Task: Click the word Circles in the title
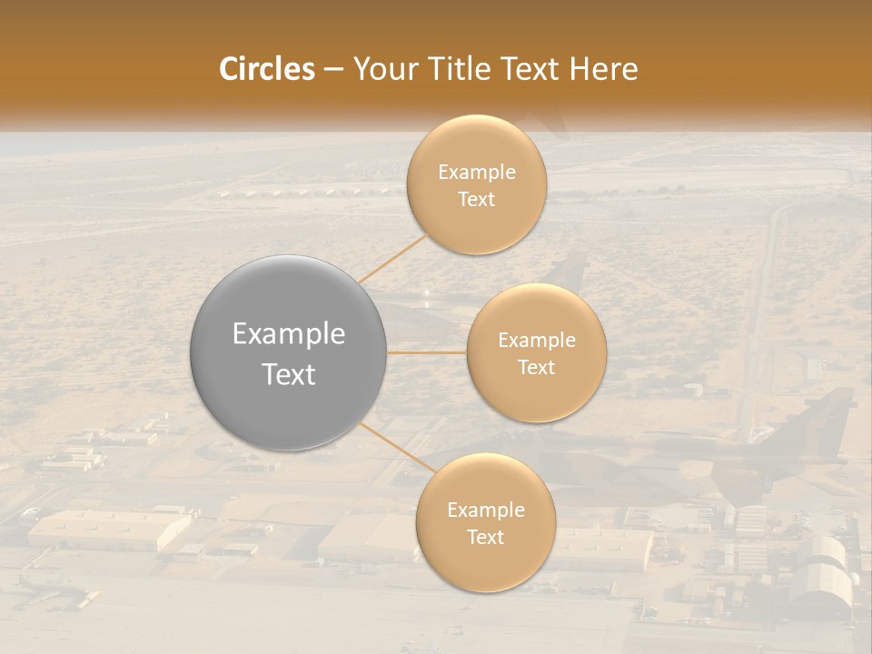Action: pyautogui.click(x=266, y=69)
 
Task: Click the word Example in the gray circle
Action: pyautogui.click(x=289, y=334)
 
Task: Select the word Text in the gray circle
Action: pyautogui.click(x=289, y=374)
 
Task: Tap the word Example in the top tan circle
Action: pyautogui.click(x=477, y=173)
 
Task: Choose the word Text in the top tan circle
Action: pyautogui.click(x=477, y=200)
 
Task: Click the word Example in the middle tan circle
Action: pyautogui.click(x=537, y=341)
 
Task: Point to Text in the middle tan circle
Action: pyautogui.click(x=537, y=368)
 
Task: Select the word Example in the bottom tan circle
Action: pyautogui.click(x=486, y=510)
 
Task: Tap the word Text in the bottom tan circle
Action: pyautogui.click(x=486, y=537)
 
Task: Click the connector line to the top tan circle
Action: pyautogui.click(x=392, y=258)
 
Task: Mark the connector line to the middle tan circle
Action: pyautogui.click(x=427, y=352)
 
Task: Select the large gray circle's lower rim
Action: pyautogui.click(x=289, y=448)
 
